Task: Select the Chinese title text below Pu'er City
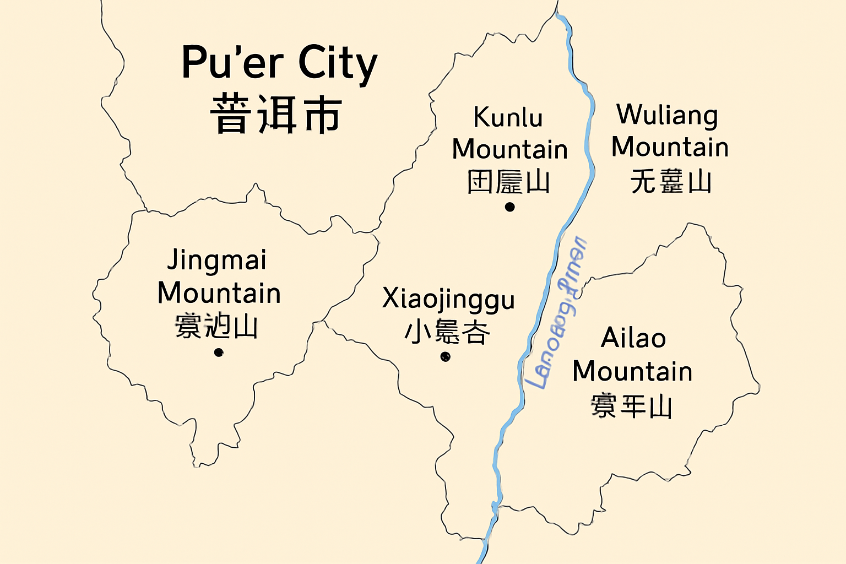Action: (276, 115)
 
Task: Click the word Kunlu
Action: (508, 117)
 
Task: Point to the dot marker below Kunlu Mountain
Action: (509, 207)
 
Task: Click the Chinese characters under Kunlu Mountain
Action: (508, 182)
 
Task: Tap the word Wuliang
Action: (667, 116)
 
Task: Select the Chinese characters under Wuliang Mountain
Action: (670, 181)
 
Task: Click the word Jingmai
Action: (217, 260)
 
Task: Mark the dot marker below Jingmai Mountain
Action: (219, 352)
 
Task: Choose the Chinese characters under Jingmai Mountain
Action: (216, 327)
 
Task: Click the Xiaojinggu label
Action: (448, 300)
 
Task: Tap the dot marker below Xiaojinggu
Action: (446, 357)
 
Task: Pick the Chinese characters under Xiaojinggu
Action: (447, 332)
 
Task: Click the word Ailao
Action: (633, 338)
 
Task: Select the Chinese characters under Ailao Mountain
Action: (631, 406)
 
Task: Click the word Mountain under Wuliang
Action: (670, 147)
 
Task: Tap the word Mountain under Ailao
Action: (632, 371)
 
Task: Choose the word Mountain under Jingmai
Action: (219, 293)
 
